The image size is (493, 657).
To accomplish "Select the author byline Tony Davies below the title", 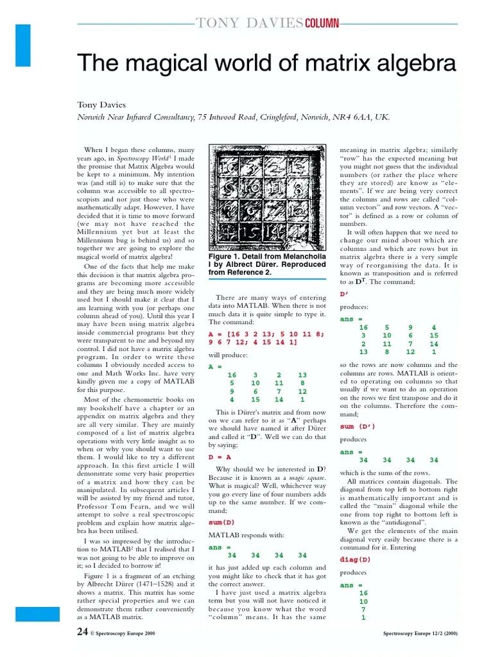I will tap(101, 105).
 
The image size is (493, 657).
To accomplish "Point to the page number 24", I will tap(82, 632).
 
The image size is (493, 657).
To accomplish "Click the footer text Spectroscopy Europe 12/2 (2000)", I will tap(420, 633).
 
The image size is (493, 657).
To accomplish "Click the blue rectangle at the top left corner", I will tap(23, 45).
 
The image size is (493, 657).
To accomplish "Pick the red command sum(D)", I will tap(221, 523).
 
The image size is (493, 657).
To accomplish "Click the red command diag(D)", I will tap(356, 559).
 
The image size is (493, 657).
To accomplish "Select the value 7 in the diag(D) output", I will tap(363, 610).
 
